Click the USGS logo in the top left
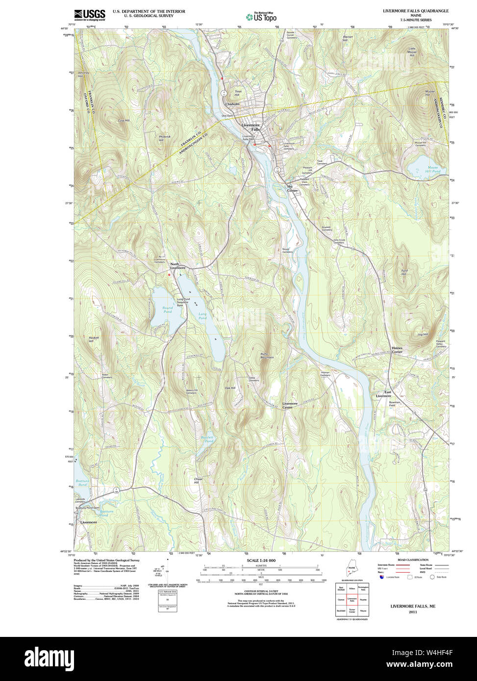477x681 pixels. tap(89, 14)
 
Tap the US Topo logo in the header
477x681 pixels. tap(261, 17)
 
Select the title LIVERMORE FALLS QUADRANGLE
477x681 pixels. tap(416, 11)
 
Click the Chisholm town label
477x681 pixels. tap(232, 104)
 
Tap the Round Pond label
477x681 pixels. tap(168, 310)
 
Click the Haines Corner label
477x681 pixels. tap(397, 350)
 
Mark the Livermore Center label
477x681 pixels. tap(290, 405)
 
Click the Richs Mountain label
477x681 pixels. tap(267, 356)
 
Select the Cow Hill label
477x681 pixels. tap(124, 121)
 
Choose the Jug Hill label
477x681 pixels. tap(422, 335)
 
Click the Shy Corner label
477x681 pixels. tap(292, 188)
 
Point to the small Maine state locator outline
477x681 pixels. tap(351, 572)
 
